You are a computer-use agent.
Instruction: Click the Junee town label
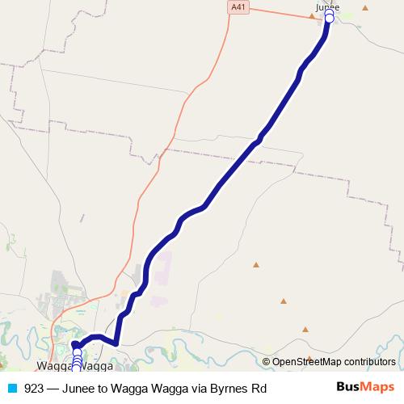327,7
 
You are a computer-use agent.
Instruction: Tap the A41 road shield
237,7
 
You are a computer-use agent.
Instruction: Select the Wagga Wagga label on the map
75,367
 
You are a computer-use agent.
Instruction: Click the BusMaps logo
365,388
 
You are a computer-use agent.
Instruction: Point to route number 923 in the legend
34,388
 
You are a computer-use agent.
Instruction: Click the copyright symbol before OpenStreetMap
267,362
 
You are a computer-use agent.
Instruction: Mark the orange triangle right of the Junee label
365,9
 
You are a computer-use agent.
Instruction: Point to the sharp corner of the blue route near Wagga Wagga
116,343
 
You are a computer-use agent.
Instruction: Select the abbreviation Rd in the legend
259,388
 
